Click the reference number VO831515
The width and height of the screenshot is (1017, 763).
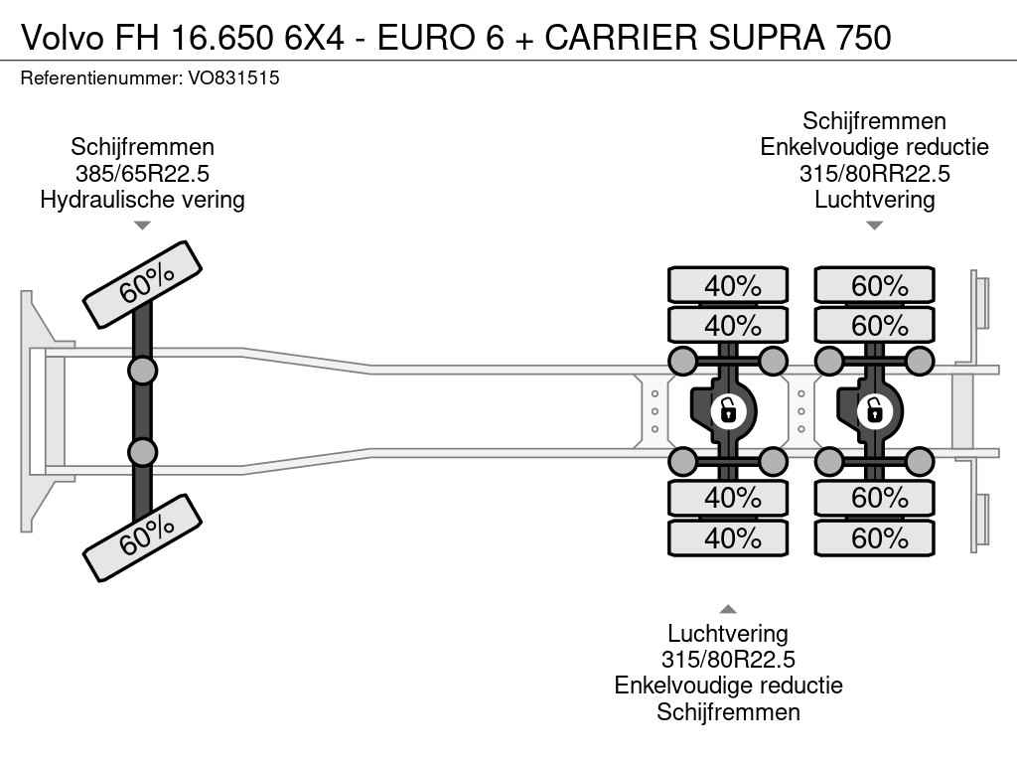[x=233, y=78]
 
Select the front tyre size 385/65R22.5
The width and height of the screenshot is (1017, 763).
[x=142, y=173]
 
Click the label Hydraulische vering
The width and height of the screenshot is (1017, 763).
[x=142, y=200]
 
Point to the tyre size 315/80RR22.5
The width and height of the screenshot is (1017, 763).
[x=874, y=173]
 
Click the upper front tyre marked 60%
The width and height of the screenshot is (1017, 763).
[x=143, y=285]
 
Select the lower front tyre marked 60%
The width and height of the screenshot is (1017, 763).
[x=143, y=537]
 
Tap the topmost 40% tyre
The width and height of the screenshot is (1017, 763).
[x=728, y=285]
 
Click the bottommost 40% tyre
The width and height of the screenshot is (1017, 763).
[x=728, y=537]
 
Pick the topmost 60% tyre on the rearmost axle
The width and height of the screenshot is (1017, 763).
[x=875, y=285]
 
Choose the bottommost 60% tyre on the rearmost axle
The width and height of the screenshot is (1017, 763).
[x=875, y=537]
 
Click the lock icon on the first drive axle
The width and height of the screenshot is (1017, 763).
[x=728, y=411]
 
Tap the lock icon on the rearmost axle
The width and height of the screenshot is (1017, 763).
[x=874, y=411]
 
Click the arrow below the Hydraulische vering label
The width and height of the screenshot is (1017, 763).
[x=142, y=226]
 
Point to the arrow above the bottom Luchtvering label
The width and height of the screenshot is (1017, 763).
[x=728, y=609]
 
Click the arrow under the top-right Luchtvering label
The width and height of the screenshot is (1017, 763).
[x=874, y=226]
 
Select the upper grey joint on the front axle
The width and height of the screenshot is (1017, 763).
[x=143, y=372]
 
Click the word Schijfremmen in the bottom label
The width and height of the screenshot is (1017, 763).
[x=728, y=712]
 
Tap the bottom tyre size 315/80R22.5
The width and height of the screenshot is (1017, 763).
[x=728, y=660]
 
